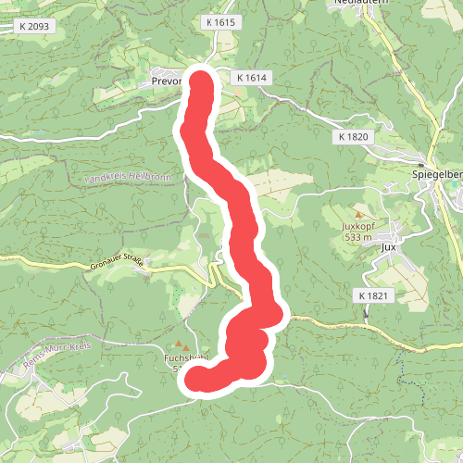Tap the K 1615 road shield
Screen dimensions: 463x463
pyautogui.click(x=221, y=21)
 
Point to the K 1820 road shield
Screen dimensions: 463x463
pyautogui.click(x=353, y=136)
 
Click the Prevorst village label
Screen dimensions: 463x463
pyautogui.click(x=164, y=81)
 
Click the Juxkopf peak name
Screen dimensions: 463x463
pyautogui.click(x=362, y=225)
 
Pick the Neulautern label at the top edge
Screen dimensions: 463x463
pyautogui.click(x=357, y=4)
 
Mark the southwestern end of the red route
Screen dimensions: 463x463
pyautogui.click(x=197, y=379)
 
